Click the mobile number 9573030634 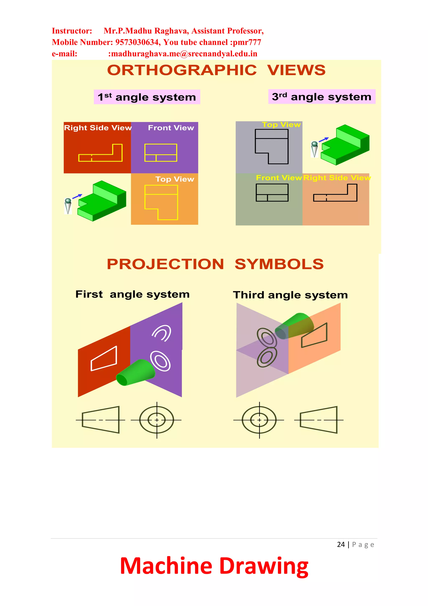138,42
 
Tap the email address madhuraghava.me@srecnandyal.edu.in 184,54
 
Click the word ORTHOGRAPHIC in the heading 182,70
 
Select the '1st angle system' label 147,97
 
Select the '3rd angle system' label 321,97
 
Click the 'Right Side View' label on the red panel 98,128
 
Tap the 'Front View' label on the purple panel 171,128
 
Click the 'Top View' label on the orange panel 175,179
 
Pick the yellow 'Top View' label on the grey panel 281,125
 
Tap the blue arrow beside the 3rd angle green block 324,139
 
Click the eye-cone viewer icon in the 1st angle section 68,206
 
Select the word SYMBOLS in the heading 279,264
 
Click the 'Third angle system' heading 290,295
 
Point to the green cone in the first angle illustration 136,373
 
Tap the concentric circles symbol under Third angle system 259,420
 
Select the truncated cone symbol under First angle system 101,420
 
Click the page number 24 341,545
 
